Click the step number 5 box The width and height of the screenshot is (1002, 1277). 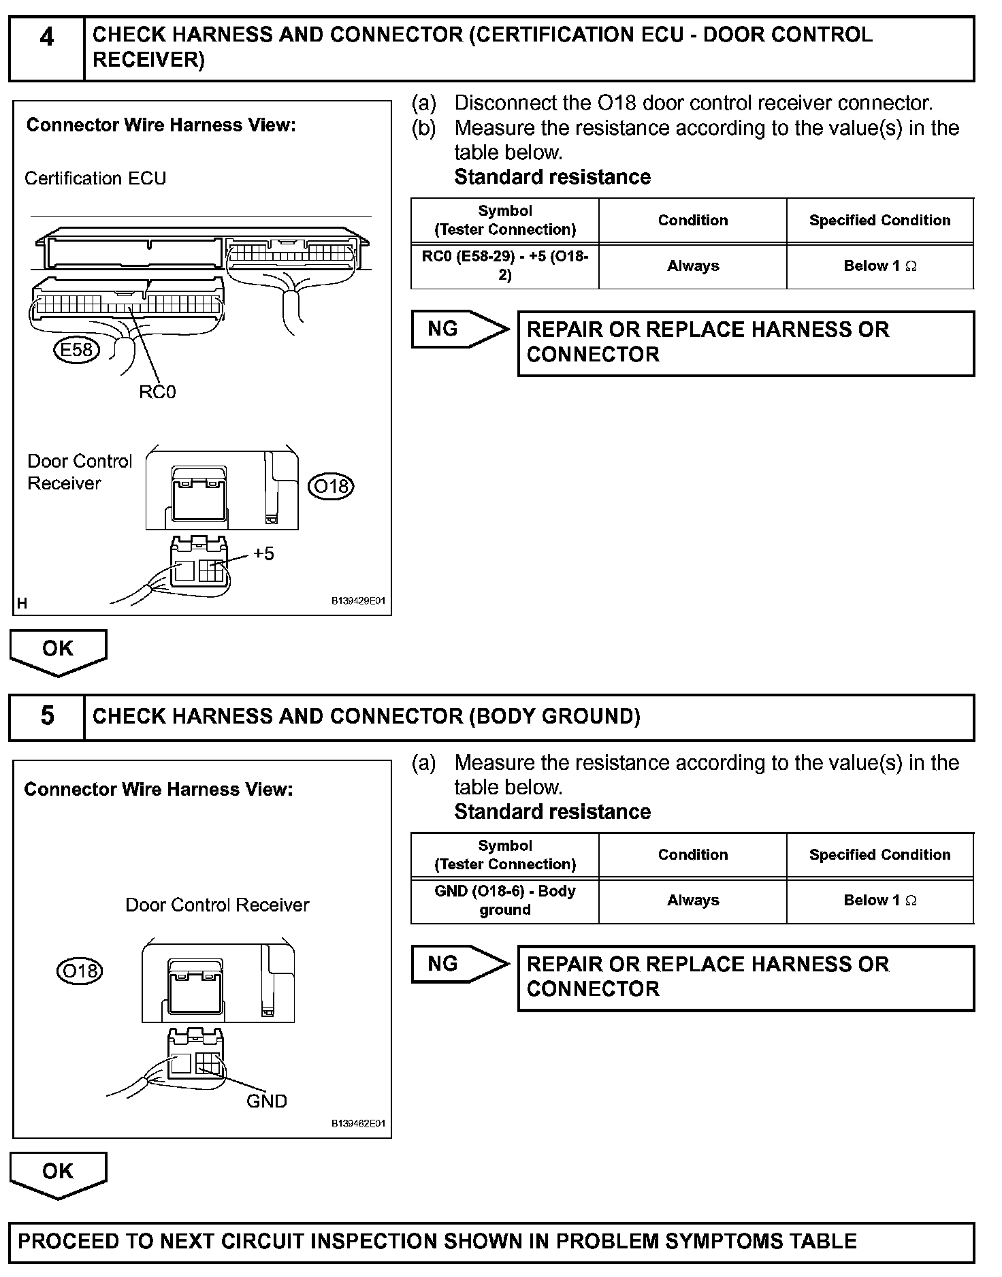click(x=46, y=717)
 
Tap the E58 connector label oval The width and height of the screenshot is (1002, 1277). click(x=76, y=350)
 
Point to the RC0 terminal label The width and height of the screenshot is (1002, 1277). click(x=157, y=392)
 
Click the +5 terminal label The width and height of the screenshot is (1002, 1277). click(x=263, y=553)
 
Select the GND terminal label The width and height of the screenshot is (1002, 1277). click(x=266, y=1101)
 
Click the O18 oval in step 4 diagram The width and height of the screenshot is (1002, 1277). click(x=331, y=487)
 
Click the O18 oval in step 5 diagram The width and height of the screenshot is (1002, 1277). click(x=80, y=970)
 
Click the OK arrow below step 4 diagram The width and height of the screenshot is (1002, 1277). click(x=58, y=651)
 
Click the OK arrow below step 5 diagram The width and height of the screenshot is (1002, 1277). click(x=58, y=1174)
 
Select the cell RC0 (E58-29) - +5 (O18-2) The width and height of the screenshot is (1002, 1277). click(x=505, y=266)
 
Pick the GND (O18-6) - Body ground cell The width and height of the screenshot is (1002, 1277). click(x=505, y=901)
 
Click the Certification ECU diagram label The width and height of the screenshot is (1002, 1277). click(x=95, y=178)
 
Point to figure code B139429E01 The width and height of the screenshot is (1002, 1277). click(x=358, y=601)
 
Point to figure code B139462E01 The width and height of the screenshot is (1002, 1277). click(x=358, y=1124)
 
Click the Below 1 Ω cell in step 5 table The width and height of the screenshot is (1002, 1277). click(x=880, y=901)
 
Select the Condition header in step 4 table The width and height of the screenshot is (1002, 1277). click(x=693, y=221)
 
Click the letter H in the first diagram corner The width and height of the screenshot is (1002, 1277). click(x=22, y=603)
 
